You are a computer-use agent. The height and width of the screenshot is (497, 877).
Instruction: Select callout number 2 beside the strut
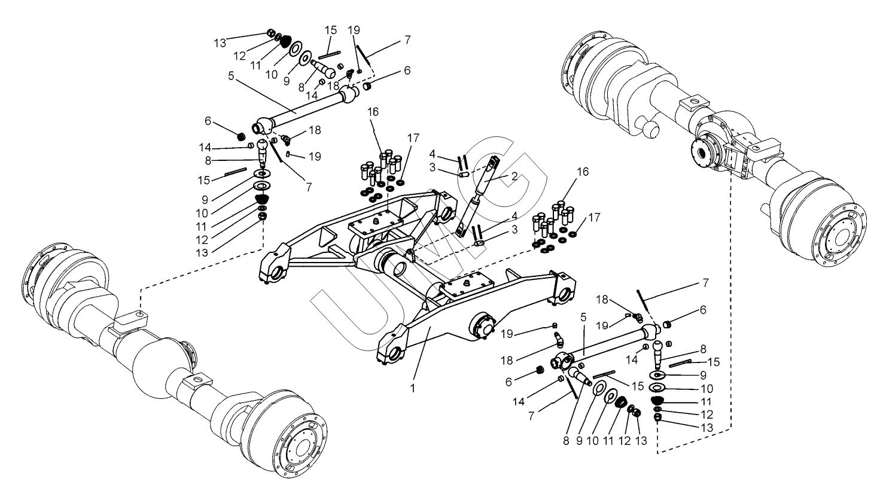pyautogui.click(x=514, y=176)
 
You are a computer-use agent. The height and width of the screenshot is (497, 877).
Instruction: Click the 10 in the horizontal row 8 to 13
pyautogui.click(x=593, y=441)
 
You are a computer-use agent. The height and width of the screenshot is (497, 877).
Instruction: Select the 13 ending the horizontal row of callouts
pyautogui.click(x=641, y=441)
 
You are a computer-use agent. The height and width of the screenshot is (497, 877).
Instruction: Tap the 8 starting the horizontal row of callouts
pyautogui.click(x=566, y=441)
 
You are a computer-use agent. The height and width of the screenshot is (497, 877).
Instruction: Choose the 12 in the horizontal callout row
pyautogui.click(x=625, y=441)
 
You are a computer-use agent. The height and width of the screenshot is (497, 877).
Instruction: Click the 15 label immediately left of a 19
pyautogui.click(x=330, y=30)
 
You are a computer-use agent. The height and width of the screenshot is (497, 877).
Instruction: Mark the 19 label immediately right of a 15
pyautogui.click(x=354, y=30)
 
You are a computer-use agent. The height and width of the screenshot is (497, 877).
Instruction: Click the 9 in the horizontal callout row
pyautogui.click(x=579, y=441)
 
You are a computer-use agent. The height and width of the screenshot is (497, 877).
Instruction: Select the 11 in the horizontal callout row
pyautogui.click(x=608, y=441)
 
